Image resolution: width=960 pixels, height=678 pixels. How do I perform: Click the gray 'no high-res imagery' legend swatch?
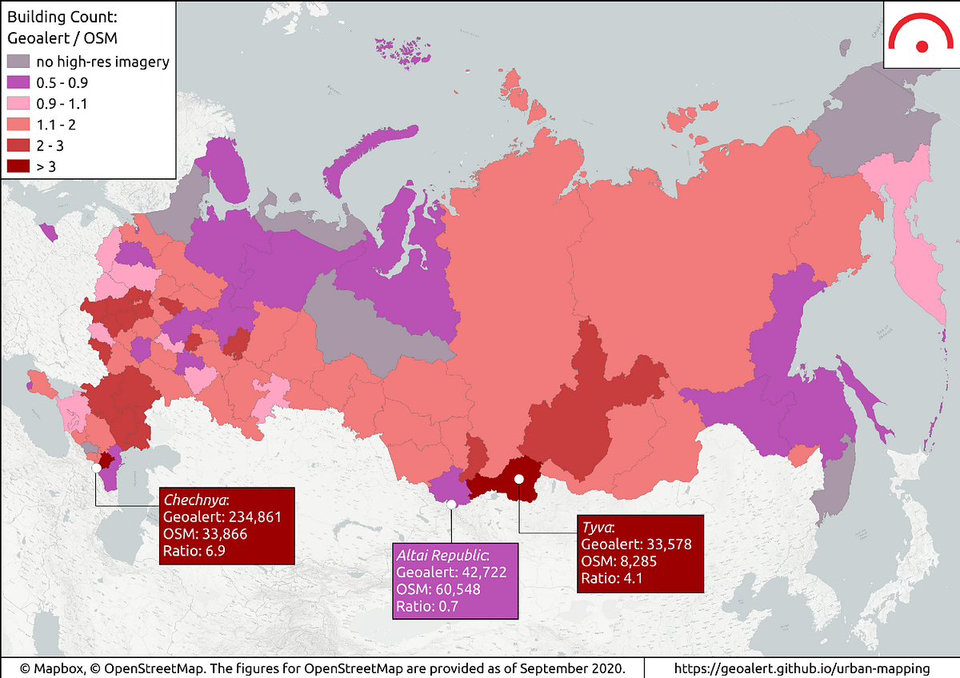point(17,62)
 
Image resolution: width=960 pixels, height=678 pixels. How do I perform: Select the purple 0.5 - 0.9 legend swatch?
point(17,82)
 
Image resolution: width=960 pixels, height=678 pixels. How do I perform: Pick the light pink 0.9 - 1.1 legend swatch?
point(17,103)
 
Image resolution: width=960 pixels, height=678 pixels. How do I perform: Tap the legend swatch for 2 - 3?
point(17,146)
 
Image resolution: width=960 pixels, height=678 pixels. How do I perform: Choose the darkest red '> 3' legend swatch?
point(17,166)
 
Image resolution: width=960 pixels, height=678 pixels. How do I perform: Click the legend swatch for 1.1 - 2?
point(17,125)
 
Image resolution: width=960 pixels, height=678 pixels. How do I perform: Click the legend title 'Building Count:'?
point(55,17)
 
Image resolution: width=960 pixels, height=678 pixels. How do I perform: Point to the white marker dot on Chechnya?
point(97,467)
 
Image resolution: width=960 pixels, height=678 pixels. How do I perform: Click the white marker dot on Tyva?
point(518,478)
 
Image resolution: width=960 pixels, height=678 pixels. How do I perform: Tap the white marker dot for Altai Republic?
point(451,504)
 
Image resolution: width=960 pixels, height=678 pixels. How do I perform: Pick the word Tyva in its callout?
point(597,528)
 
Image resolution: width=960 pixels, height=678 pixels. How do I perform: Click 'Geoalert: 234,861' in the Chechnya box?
point(226,517)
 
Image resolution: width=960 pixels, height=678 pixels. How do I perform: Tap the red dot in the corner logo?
point(922,46)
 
